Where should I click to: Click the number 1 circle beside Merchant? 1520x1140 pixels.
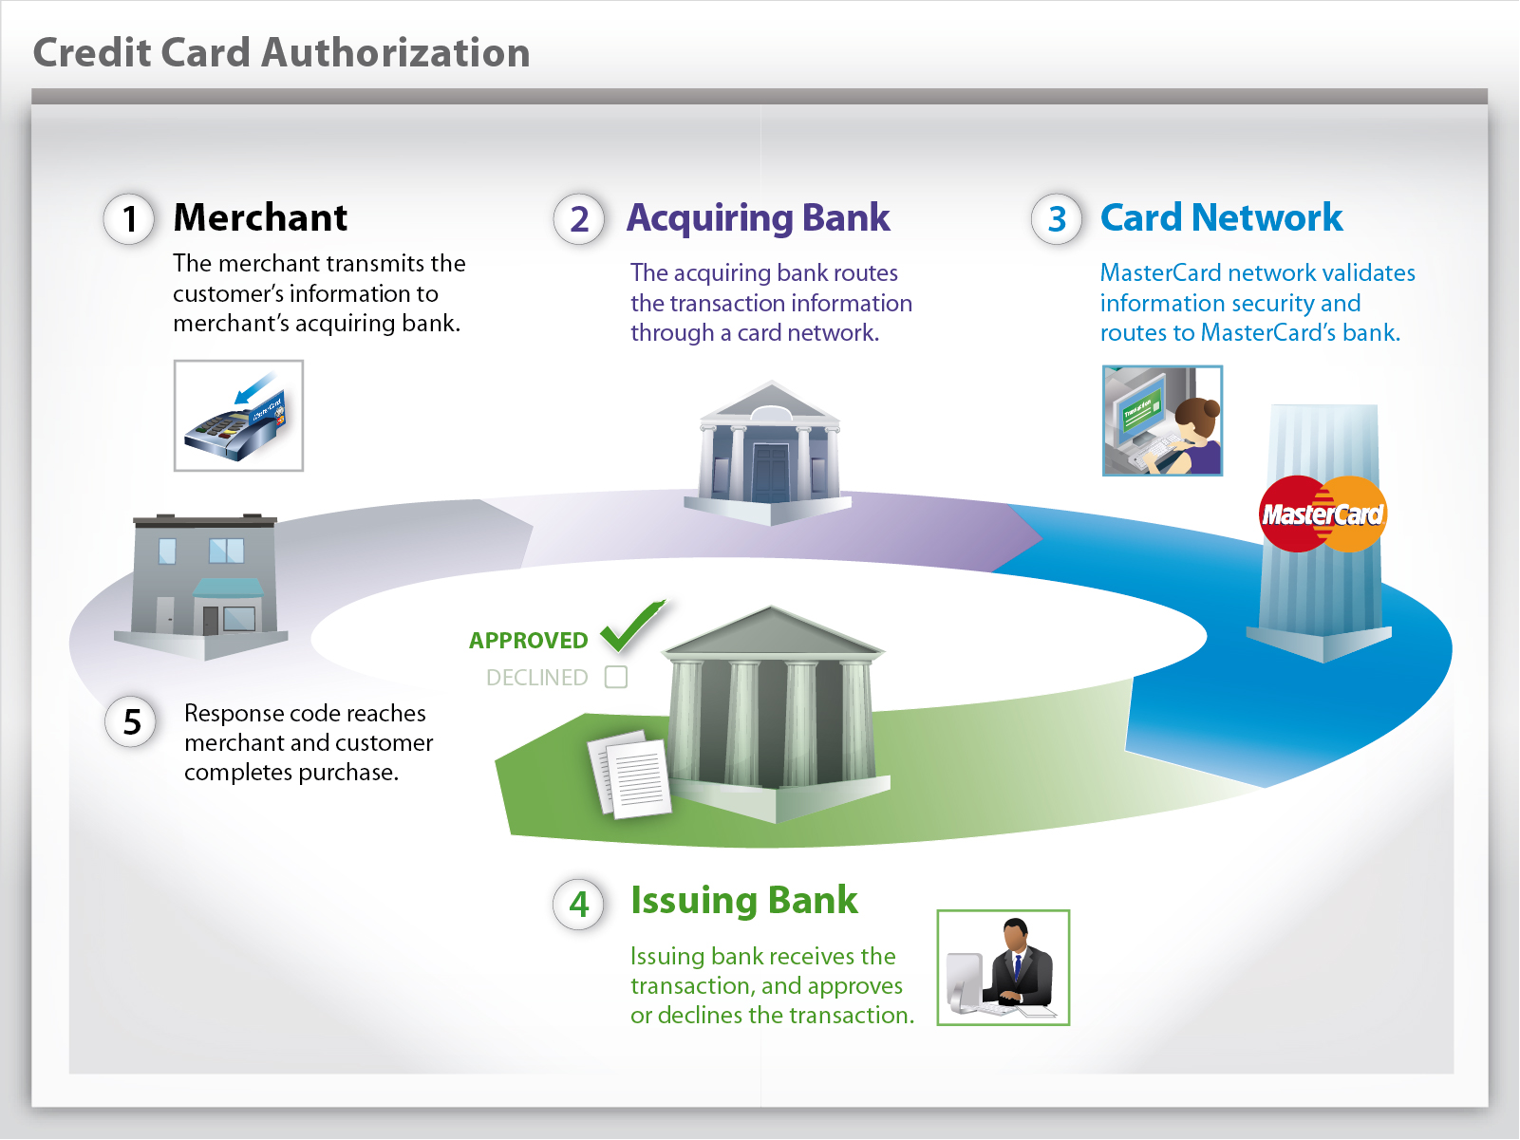coord(129,219)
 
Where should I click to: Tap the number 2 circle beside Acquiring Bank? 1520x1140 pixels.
coord(579,219)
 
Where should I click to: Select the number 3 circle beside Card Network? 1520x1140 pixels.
coord(1057,219)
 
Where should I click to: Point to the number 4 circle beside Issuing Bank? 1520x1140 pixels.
coord(578,904)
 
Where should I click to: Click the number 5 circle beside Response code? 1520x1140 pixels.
coord(131,722)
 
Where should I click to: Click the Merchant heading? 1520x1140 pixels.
coord(260,217)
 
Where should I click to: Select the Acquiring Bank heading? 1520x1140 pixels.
coord(758,218)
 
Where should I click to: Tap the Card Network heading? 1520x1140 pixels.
coord(1221,217)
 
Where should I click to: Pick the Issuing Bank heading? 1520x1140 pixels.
coord(743,900)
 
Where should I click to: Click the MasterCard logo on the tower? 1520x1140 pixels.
coord(1323,514)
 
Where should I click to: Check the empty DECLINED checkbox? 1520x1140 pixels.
coord(616,677)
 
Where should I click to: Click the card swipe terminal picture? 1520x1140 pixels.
coord(238,416)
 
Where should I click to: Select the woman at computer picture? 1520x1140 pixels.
coord(1162,420)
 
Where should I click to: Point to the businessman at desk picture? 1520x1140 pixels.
coord(1003,967)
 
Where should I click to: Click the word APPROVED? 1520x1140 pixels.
coord(528,641)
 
